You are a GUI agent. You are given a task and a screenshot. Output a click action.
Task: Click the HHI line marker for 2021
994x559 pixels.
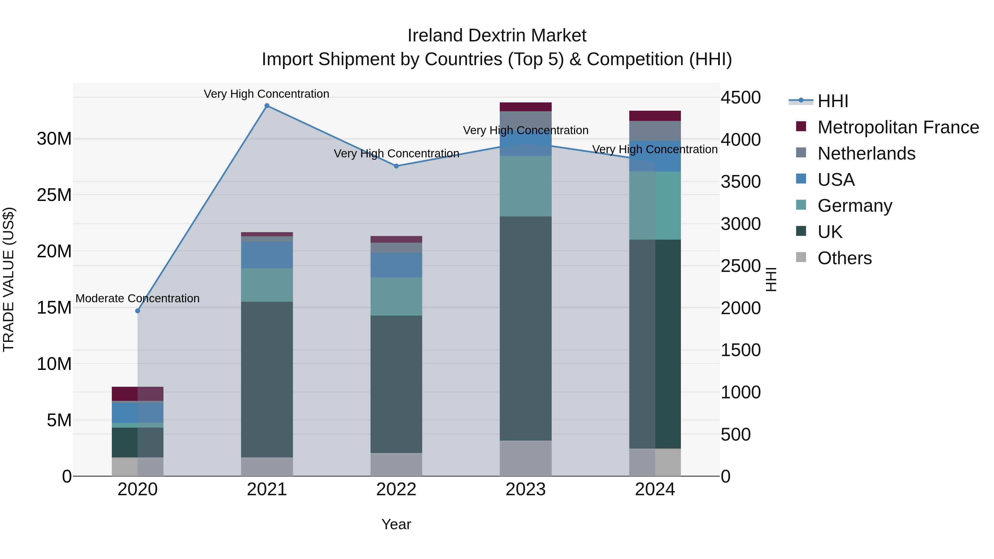click(x=267, y=106)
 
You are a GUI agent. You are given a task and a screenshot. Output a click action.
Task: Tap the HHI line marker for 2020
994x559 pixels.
click(x=138, y=311)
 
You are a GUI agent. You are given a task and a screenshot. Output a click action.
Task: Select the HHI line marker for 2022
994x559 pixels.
click(x=396, y=166)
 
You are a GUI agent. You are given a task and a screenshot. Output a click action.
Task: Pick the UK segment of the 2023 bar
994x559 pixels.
click(x=525, y=328)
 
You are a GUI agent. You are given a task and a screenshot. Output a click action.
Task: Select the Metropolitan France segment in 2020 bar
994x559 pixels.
click(x=138, y=393)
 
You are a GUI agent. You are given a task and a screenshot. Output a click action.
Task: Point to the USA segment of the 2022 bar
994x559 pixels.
click(x=396, y=265)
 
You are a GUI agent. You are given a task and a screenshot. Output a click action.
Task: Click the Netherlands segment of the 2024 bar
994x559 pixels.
click(x=655, y=131)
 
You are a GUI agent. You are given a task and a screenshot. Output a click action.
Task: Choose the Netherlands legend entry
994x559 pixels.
click(x=866, y=153)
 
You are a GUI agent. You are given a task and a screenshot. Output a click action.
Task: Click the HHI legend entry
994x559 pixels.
click(x=833, y=101)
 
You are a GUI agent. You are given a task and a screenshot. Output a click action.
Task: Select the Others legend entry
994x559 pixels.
click(x=844, y=258)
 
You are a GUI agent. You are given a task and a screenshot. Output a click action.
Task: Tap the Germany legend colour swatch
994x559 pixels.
click(x=801, y=205)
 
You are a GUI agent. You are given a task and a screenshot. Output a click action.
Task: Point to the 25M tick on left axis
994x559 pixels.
click(x=54, y=195)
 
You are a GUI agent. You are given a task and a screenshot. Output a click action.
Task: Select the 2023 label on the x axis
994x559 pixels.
click(x=525, y=489)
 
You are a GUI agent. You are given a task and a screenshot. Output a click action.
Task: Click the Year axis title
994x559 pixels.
click(x=396, y=524)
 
